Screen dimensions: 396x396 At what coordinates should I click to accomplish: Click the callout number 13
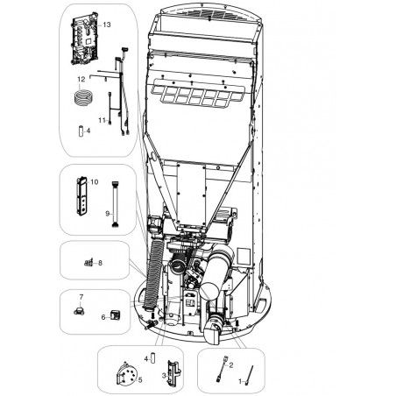click(x=107, y=25)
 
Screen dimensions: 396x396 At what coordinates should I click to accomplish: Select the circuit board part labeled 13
click(x=85, y=39)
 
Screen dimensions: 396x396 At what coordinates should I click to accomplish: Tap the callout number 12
click(x=81, y=79)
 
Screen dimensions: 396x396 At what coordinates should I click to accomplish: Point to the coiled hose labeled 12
click(x=83, y=97)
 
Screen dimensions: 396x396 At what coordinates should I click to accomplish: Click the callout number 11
click(x=102, y=120)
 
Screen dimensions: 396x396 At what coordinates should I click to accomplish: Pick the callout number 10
click(x=94, y=182)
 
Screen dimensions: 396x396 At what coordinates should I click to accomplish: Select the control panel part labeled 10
click(x=81, y=195)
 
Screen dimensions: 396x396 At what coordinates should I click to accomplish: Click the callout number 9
click(x=107, y=214)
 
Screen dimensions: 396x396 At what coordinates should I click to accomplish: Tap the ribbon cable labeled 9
click(x=115, y=204)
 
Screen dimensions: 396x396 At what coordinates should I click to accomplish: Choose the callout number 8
click(x=100, y=263)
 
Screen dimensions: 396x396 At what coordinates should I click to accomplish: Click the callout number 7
click(x=81, y=297)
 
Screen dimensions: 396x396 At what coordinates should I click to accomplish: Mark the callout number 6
click(x=103, y=317)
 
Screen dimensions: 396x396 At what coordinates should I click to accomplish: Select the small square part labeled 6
click(x=115, y=315)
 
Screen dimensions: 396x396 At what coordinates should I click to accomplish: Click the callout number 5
click(x=140, y=380)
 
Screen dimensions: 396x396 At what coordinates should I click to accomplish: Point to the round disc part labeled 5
click(x=126, y=374)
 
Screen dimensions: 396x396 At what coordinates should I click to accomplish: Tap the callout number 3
click(x=164, y=376)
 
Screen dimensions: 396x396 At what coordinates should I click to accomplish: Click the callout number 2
click(x=231, y=365)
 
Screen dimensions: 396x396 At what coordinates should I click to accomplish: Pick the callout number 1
click(x=240, y=381)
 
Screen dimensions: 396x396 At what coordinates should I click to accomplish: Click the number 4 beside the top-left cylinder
click(x=88, y=131)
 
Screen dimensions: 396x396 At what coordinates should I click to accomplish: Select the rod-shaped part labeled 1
click(x=250, y=375)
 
